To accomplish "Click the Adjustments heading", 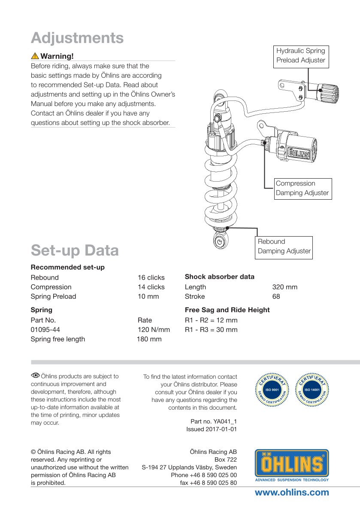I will pos(77,38).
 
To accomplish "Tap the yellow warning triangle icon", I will pos(35,56).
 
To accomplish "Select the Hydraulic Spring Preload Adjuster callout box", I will pos(301,55).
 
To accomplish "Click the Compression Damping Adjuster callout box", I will pos(303,189).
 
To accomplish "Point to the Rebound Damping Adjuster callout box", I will pos(284,246).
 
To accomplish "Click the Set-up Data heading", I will pos(75,250).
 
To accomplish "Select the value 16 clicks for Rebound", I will pos(151,277).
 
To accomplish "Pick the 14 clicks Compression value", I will pos(151,287).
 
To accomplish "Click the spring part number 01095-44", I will pos(45,330).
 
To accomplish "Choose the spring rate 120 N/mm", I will pos(154,330).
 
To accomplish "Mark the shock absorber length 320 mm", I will pos(284,287).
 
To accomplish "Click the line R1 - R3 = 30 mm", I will pos(211,330).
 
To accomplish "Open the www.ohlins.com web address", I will pos(292,493).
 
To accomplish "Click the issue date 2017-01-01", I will pos(212,429).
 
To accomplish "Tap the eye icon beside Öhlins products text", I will pos(34,376).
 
